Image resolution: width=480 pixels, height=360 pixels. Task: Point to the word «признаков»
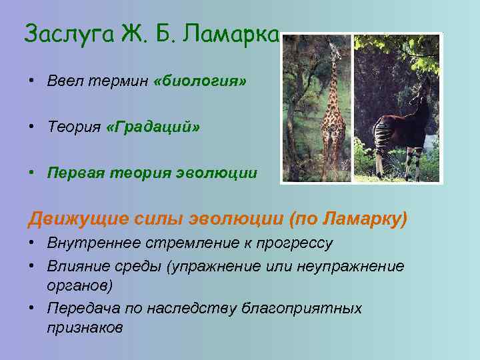pyautogui.click(x=85, y=328)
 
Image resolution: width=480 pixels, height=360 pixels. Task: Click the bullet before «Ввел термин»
pyautogui.click(x=31, y=81)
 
